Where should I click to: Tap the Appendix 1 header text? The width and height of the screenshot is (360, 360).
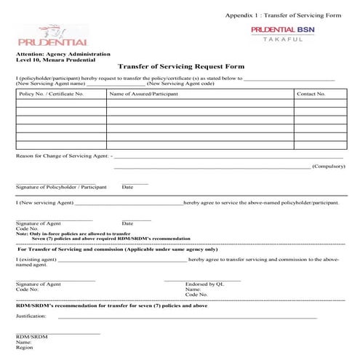(284, 15)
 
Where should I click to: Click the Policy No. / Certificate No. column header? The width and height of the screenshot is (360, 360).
(51, 94)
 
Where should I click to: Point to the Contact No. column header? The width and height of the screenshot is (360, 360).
(311, 94)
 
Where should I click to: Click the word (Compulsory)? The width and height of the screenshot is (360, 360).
(328, 167)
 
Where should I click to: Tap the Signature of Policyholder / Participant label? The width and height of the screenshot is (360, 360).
(60, 187)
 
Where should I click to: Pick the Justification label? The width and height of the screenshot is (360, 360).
(31, 316)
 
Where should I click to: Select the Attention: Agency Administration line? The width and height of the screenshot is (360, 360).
(63, 55)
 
